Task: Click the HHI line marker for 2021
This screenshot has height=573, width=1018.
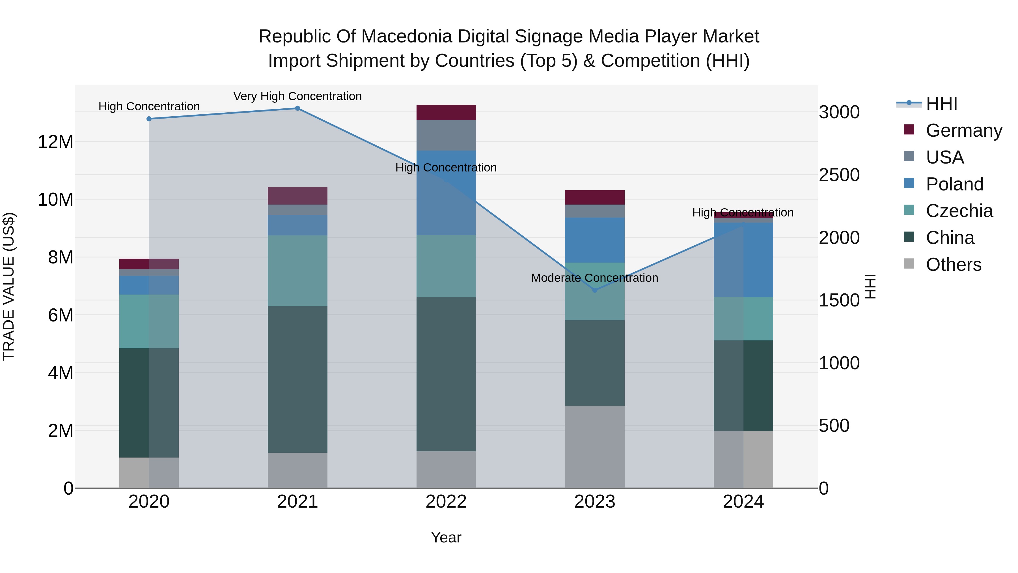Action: click(297, 108)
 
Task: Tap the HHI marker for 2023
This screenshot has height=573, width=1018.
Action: click(595, 290)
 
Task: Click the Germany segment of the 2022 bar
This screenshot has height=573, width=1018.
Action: click(446, 113)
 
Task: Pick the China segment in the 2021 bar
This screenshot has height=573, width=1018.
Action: click(297, 380)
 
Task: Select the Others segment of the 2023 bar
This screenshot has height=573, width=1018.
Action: click(595, 447)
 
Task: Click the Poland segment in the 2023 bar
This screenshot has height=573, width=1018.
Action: click(595, 240)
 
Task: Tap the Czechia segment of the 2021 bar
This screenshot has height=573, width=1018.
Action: click(297, 271)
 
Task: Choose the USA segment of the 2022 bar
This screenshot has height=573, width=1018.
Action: click(446, 135)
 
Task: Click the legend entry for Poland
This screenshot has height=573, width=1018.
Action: click(954, 184)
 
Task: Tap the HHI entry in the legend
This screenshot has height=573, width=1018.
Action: click(941, 104)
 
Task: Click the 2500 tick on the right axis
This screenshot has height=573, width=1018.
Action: click(839, 175)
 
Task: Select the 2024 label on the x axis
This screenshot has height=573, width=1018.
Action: click(743, 502)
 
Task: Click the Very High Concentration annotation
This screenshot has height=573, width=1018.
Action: click(297, 96)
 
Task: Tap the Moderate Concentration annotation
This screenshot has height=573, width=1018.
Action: click(594, 278)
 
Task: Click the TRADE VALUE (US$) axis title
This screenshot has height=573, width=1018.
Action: click(9, 286)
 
